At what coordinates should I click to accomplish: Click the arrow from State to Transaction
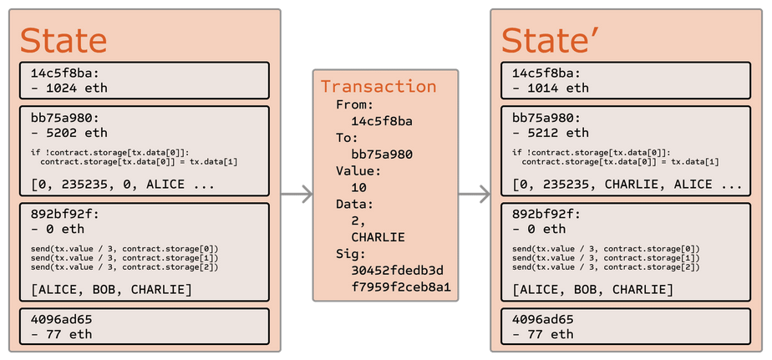click(297, 194)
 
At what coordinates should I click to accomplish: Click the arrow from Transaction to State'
click(474, 194)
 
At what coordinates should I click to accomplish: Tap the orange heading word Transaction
click(378, 86)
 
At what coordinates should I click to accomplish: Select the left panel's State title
click(63, 40)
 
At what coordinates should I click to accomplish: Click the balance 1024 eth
click(69, 89)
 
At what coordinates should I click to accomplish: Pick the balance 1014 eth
click(551, 89)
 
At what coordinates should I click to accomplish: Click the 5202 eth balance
click(69, 133)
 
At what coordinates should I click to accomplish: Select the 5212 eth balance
click(551, 133)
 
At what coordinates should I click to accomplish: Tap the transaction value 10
click(359, 188)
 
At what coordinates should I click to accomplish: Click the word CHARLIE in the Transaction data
click(378, 237)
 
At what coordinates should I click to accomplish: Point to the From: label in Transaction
click(355, 104)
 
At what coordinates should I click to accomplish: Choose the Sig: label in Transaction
click(351, 254)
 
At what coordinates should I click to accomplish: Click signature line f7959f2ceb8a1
click(401, 287)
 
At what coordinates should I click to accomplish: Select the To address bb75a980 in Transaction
click(382, 155)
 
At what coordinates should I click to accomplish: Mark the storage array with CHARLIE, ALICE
click(627, 185)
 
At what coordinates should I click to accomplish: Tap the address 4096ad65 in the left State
click(61, 320)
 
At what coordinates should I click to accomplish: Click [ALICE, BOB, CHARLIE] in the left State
click(111, 289)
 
